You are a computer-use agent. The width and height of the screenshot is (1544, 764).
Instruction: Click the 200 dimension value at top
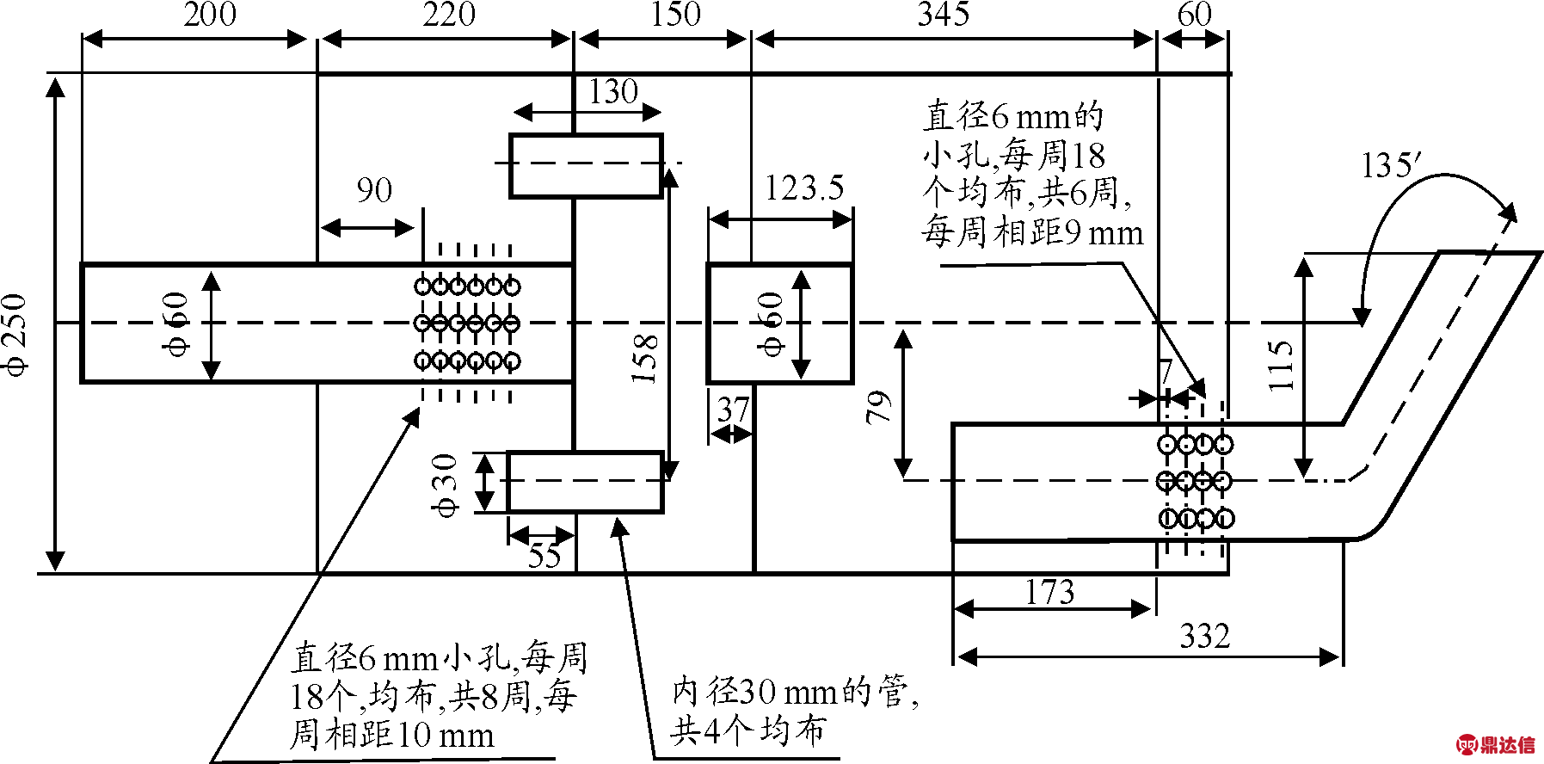coord(209,15)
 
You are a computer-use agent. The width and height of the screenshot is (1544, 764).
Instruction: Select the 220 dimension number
coord(448,15)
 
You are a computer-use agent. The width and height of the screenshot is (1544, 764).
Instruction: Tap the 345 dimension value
coord(944,15)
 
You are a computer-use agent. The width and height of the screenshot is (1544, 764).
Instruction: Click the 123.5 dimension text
coord(804,188)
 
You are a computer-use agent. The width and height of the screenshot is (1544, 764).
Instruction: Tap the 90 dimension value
coord(374,190)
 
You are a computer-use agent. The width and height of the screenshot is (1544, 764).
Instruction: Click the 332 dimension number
coord(1204,636)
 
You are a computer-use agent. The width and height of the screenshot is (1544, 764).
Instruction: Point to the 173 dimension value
coord(1049,592)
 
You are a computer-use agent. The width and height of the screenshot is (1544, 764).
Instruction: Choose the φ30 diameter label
coord(446,485)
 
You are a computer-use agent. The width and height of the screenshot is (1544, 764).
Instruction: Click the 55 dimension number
coord(544,556)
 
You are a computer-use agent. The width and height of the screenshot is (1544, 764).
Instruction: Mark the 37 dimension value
coord(733,410)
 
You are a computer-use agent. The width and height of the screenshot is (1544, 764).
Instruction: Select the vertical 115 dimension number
coord(1280,366)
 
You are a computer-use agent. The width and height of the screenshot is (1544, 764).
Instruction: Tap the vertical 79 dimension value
coord(878,407)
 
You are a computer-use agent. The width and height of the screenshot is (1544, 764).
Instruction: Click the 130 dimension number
coord(613,91)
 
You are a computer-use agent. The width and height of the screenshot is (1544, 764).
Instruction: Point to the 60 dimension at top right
coord(1194,15)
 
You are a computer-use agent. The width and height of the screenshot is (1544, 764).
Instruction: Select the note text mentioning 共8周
coord(438,696)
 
